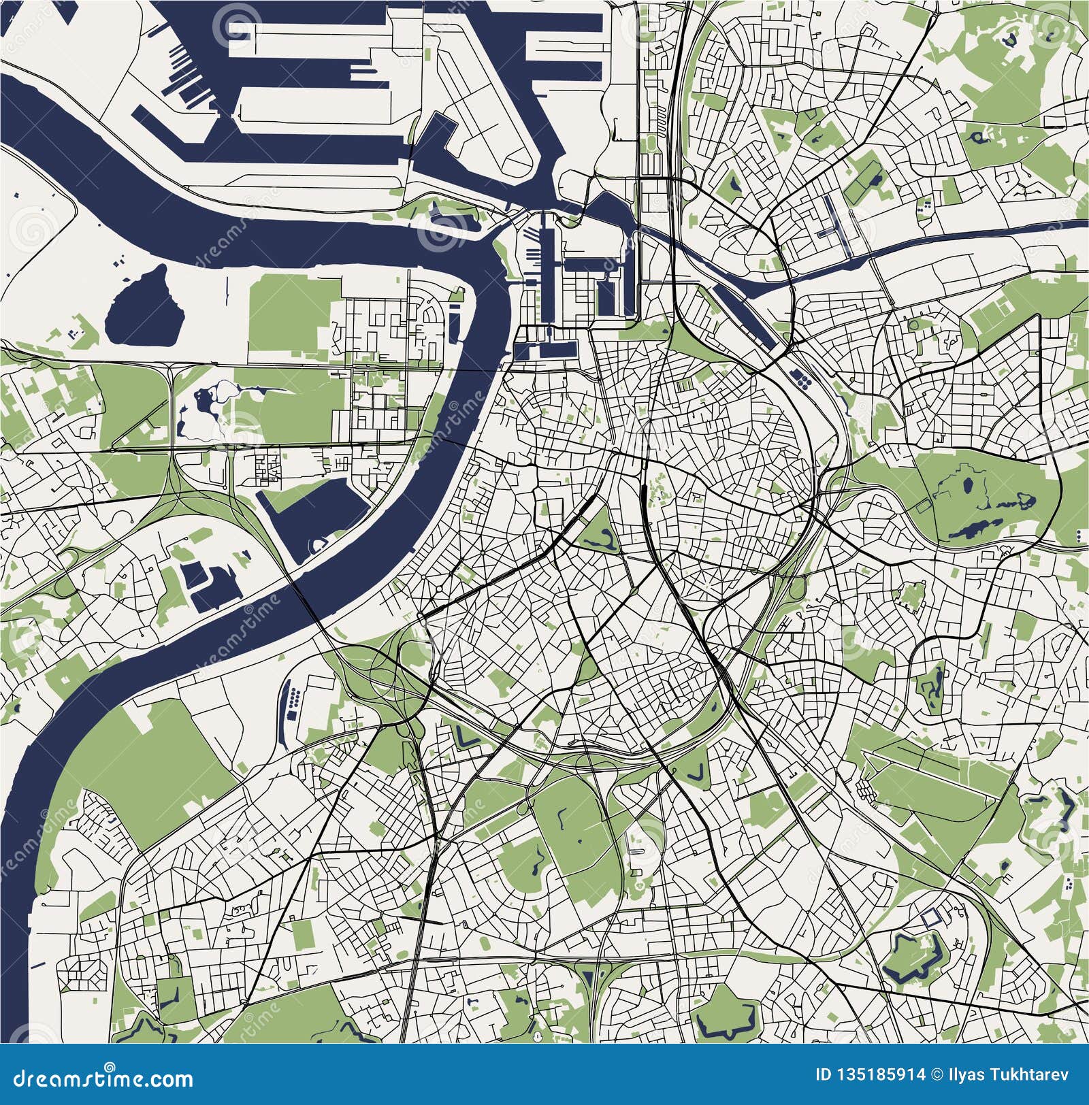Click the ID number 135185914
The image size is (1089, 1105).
(x=878, y=1075)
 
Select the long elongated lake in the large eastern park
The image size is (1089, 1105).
(x=980, y=527)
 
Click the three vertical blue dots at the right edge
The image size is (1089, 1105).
(x=1081, y=537)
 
